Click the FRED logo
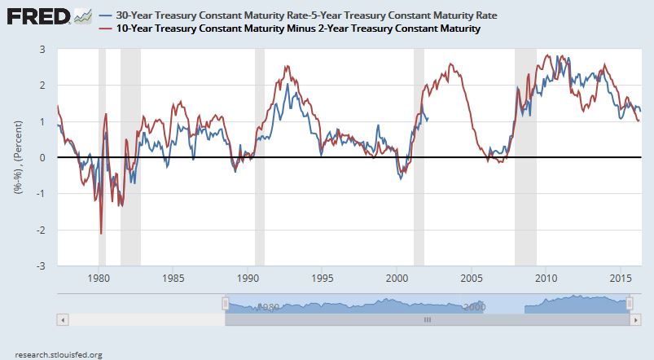point(37,16)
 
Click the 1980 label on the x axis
point(98,277)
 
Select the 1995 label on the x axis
point(322,277)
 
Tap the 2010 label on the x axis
point(546,277)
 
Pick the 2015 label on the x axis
point(621,277)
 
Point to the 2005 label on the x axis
point(472,277)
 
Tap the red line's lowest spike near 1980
point(101,234)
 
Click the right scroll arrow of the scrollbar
point(637,319)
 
